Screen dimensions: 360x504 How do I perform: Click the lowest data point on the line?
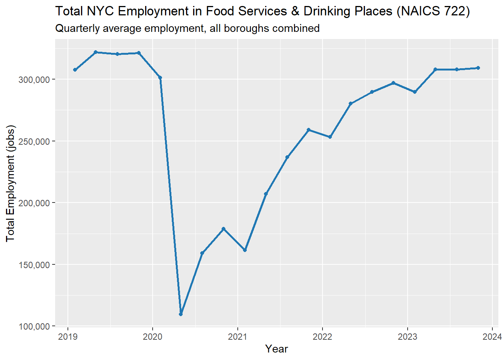click(x=181, y=314)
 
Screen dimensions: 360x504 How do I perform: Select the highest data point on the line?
click(x=96, y=52)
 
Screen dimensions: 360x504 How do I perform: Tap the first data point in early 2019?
click(x=75, y=70)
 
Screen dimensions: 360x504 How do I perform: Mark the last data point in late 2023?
click(x=478, y=68)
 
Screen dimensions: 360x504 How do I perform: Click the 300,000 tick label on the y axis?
click(x=34, y=79)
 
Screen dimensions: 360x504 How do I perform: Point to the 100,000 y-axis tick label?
click(x=34, y=326)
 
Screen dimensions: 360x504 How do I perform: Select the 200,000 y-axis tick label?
click(x=34, y=203)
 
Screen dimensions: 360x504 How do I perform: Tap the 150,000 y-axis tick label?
click(x=34, y=265)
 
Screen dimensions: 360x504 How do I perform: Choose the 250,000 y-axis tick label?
click(x=34, y=141)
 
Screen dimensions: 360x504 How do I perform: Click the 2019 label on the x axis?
click(x=68, y=336)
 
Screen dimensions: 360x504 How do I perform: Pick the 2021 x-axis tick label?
click(x=237, y=336)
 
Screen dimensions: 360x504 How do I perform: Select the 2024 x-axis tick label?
click(x=492, y=336)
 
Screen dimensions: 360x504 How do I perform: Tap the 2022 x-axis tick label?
click(x=322, y=336)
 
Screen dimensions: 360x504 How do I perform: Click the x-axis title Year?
click(x=276, y=349)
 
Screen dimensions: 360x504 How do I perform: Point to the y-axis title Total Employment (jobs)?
click(x=10, y=183)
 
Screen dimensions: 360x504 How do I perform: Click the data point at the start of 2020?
click(x=160, y=78)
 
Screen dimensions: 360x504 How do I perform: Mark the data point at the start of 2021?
click(x=245, y=250)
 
